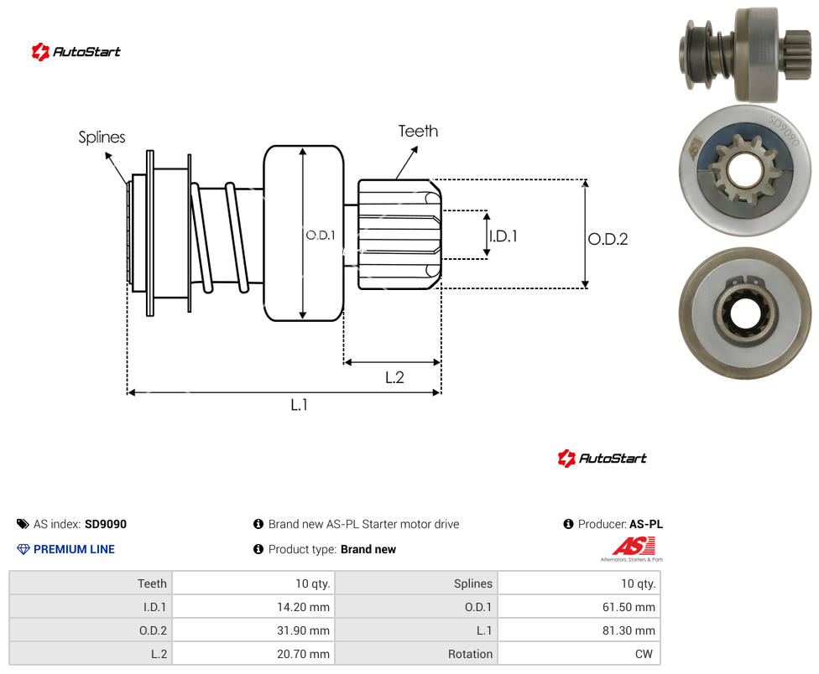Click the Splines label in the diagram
(102, 137)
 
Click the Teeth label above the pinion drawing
(418, 131)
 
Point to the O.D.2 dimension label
(608, 240)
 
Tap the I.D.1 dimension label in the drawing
(503, 236)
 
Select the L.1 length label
(300, 405)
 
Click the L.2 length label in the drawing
(394, 377)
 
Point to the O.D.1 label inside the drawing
(321, 236)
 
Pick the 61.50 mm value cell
(629, 607)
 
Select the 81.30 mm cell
(629, 630)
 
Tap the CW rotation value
(644, 654)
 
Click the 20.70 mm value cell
(304, 654)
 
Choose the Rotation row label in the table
(470, 654)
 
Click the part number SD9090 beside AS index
(106, 524)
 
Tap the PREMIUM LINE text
(74, 549)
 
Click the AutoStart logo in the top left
(76, 52)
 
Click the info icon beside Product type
(258, 549)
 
